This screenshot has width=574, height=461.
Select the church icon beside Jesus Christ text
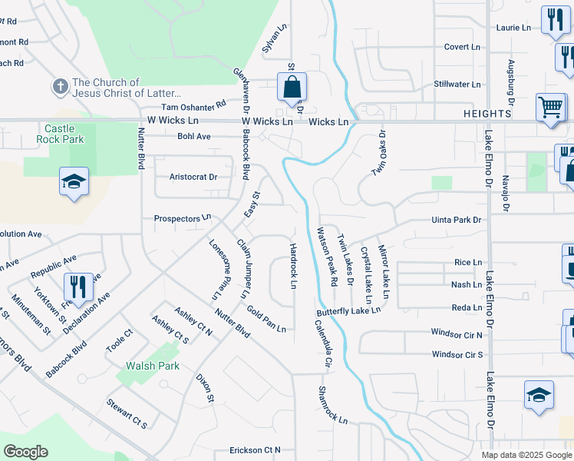[61, 87]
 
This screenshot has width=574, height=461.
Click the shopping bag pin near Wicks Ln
[292, 88]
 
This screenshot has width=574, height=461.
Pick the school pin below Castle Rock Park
[74, 183]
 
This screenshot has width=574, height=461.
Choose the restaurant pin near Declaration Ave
[78, 288]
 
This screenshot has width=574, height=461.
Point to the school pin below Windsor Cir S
[539, 396]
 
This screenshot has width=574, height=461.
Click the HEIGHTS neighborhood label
[487, 114]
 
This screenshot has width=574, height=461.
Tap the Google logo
[26, 452]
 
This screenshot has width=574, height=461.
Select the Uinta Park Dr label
[456, 221]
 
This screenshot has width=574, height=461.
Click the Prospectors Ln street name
[182, 219]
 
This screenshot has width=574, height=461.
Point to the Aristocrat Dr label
[193, 177]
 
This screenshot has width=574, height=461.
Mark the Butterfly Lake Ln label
[348, 311]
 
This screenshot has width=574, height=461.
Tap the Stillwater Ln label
[457, 85]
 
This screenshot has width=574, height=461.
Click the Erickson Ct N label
[256, 450]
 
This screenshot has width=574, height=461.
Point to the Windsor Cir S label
[457, 355]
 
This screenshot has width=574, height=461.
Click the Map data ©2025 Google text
[526, 455]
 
